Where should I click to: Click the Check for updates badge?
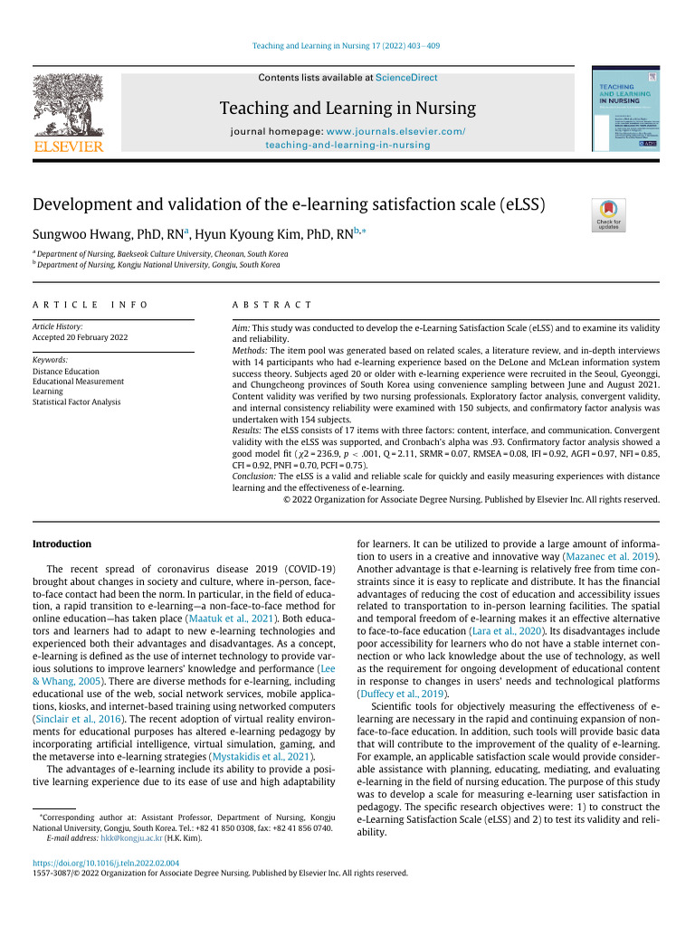coord(607,214)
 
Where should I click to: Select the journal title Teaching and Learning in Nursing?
coord(347,109)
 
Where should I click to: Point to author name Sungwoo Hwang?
coord(85,233)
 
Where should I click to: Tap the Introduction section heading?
coord(62,543)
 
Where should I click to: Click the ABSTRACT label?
coord(272,306)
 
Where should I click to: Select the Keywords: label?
coord(52,360)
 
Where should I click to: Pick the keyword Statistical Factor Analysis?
coord(77,402)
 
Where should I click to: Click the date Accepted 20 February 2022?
coord(81,337)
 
